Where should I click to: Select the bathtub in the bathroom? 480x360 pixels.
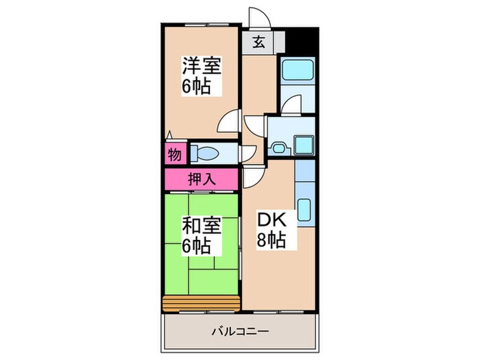[x=296, y=71]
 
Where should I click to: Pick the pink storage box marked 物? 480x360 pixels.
[x=175, y=154]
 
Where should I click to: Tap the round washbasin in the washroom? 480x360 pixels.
[x=278, y=147]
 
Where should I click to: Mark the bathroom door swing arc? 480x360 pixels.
[x=291, y=106]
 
